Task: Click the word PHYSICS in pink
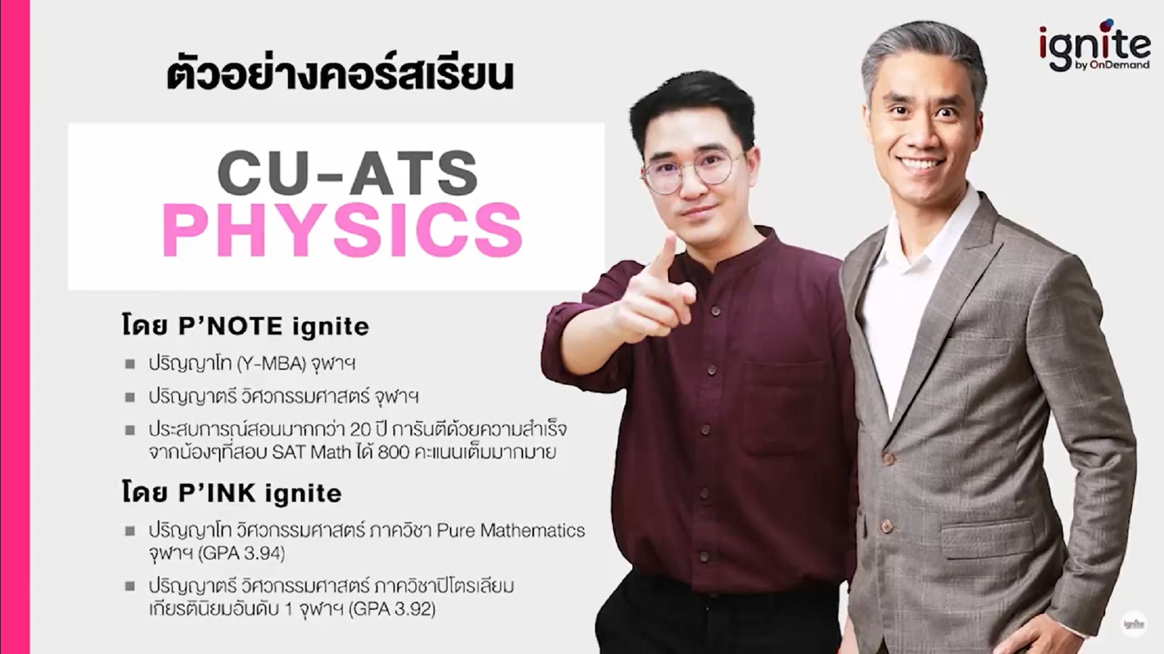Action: pyautogui.click(x=343, y=230)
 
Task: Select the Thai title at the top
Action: pyautogui.click(x=340, y=76)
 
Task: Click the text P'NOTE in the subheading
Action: pyautogui.click(x=231, y=327)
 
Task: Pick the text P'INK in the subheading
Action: pyautogui.click(x=217, y=493)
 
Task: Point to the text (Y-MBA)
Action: pyautogui.click(x=270, y=364)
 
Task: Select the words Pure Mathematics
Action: pyautogui.click(x=511, y=530)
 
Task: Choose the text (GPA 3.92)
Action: pyautogui.click(x=392, y=609)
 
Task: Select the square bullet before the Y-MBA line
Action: pyautogui.click(x=130, y=364)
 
